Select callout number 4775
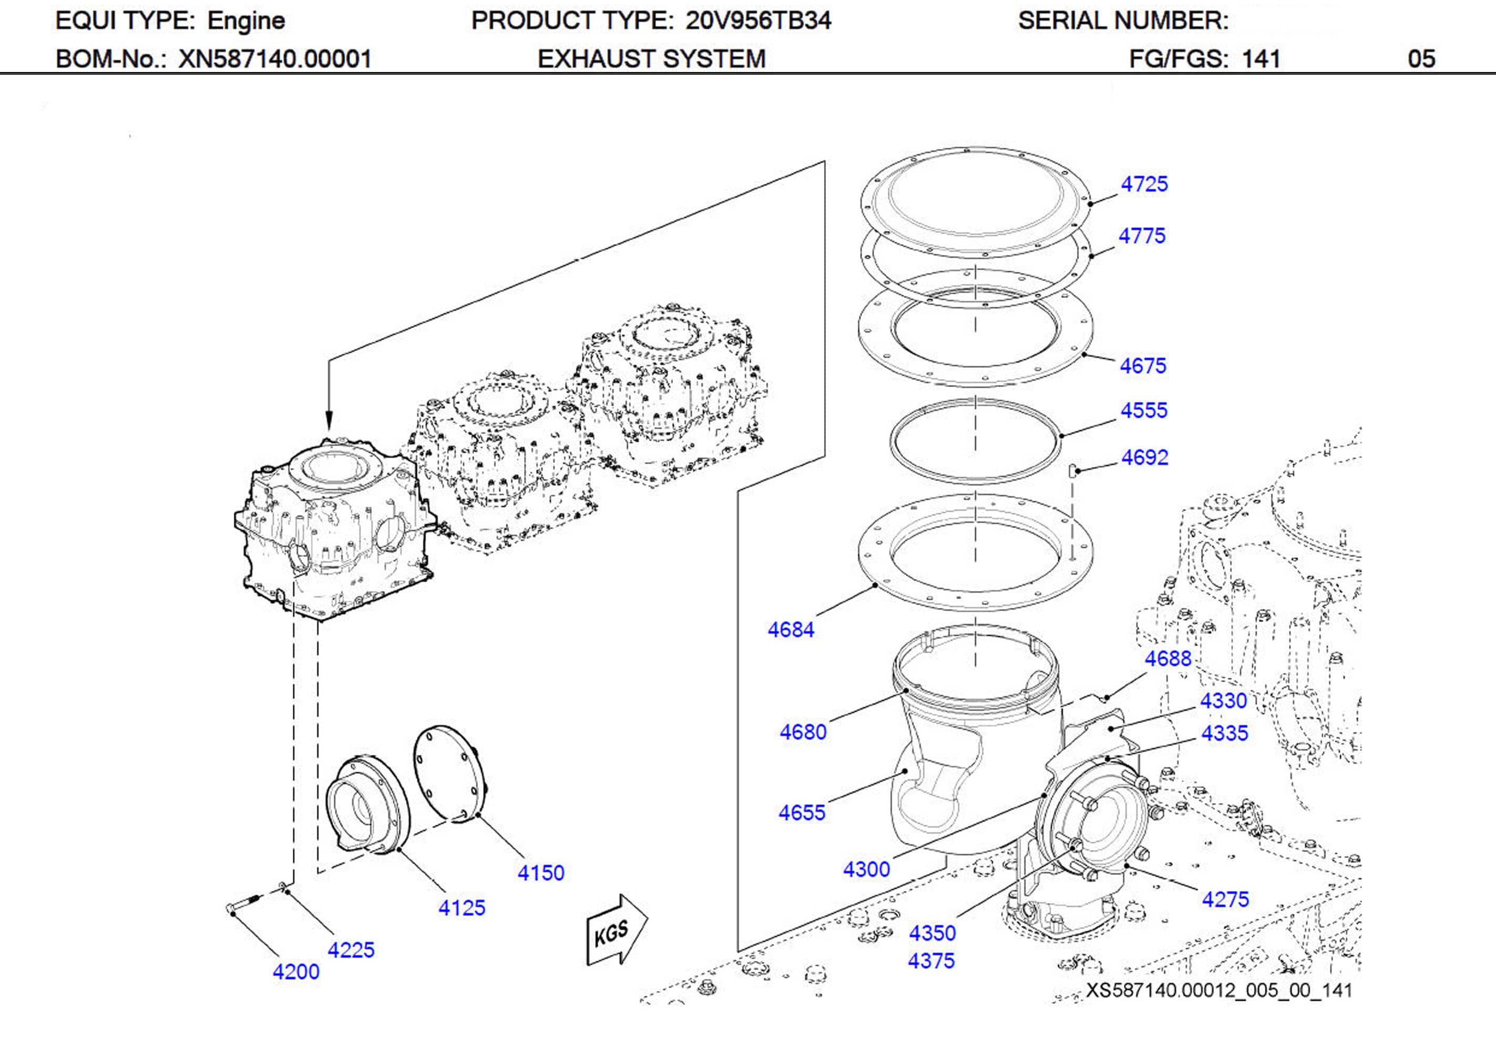coord(1142,236)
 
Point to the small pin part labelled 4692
coord(1072,469)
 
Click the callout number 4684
coord(791,630)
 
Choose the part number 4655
coord(802,813)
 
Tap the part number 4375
coord(931,961)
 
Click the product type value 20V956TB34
coord(758,21)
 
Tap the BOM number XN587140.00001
coord(274,59)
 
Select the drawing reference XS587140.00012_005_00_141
coord(1218,991)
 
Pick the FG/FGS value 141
coord(1261,59)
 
